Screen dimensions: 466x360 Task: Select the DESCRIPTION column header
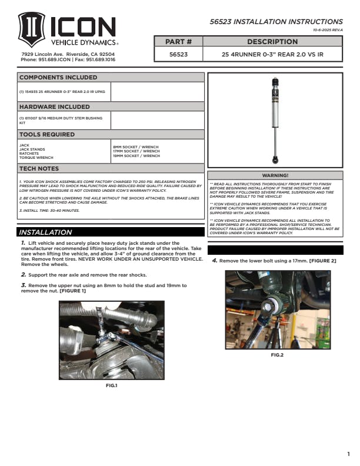point(272,42)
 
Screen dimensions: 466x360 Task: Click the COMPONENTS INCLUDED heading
point(58,78)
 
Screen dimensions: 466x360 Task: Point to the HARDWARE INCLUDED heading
point(55,107)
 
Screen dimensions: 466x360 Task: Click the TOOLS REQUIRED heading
point(47,135)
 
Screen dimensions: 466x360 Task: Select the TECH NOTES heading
point(39,169)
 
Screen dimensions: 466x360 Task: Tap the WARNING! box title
point(275,175)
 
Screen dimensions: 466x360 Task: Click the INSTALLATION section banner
point(46,232)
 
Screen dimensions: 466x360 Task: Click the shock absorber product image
point(275,121)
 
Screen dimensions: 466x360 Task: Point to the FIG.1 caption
point(112,385)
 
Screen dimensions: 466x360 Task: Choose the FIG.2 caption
point(277,355)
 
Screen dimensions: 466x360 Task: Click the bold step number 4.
point(215,260)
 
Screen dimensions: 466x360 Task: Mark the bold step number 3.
point(23,285)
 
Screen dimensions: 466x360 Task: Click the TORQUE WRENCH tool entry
point(36,158)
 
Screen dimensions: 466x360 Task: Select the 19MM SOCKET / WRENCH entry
point(136,156)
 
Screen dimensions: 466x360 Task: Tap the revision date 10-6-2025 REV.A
point(328,29)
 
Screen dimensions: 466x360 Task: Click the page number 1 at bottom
point(348,454)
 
